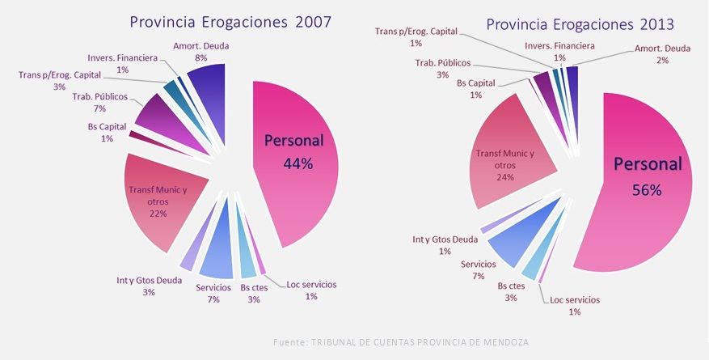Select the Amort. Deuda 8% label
(x=200, y=52)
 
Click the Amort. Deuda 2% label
(x=662, y=54)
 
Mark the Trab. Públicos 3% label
(x=442, y=69)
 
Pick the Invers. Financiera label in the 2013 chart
(x=559, y=52)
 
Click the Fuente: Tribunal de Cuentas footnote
(x=400, y=342)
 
